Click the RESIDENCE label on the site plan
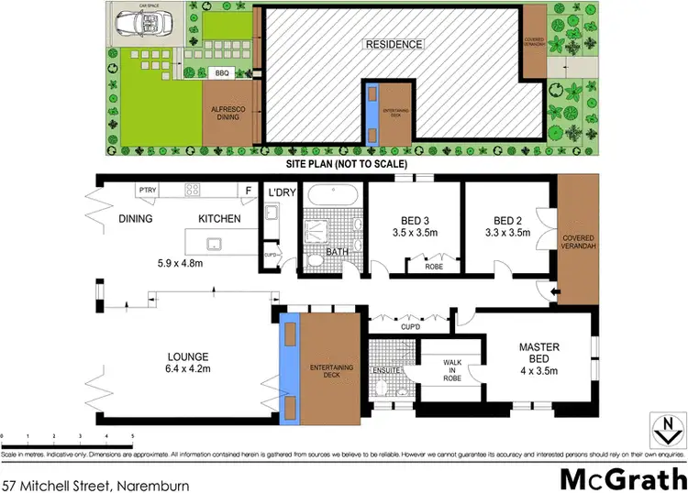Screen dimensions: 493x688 coord(394,44)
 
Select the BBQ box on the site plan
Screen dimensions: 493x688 coord(221,72)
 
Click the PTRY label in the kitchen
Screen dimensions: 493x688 coord(148,190)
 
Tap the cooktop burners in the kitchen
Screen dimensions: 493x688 coord(194,191)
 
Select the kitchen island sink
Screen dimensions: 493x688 coord(213,244)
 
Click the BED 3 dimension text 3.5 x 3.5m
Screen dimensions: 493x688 coord(416,234)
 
